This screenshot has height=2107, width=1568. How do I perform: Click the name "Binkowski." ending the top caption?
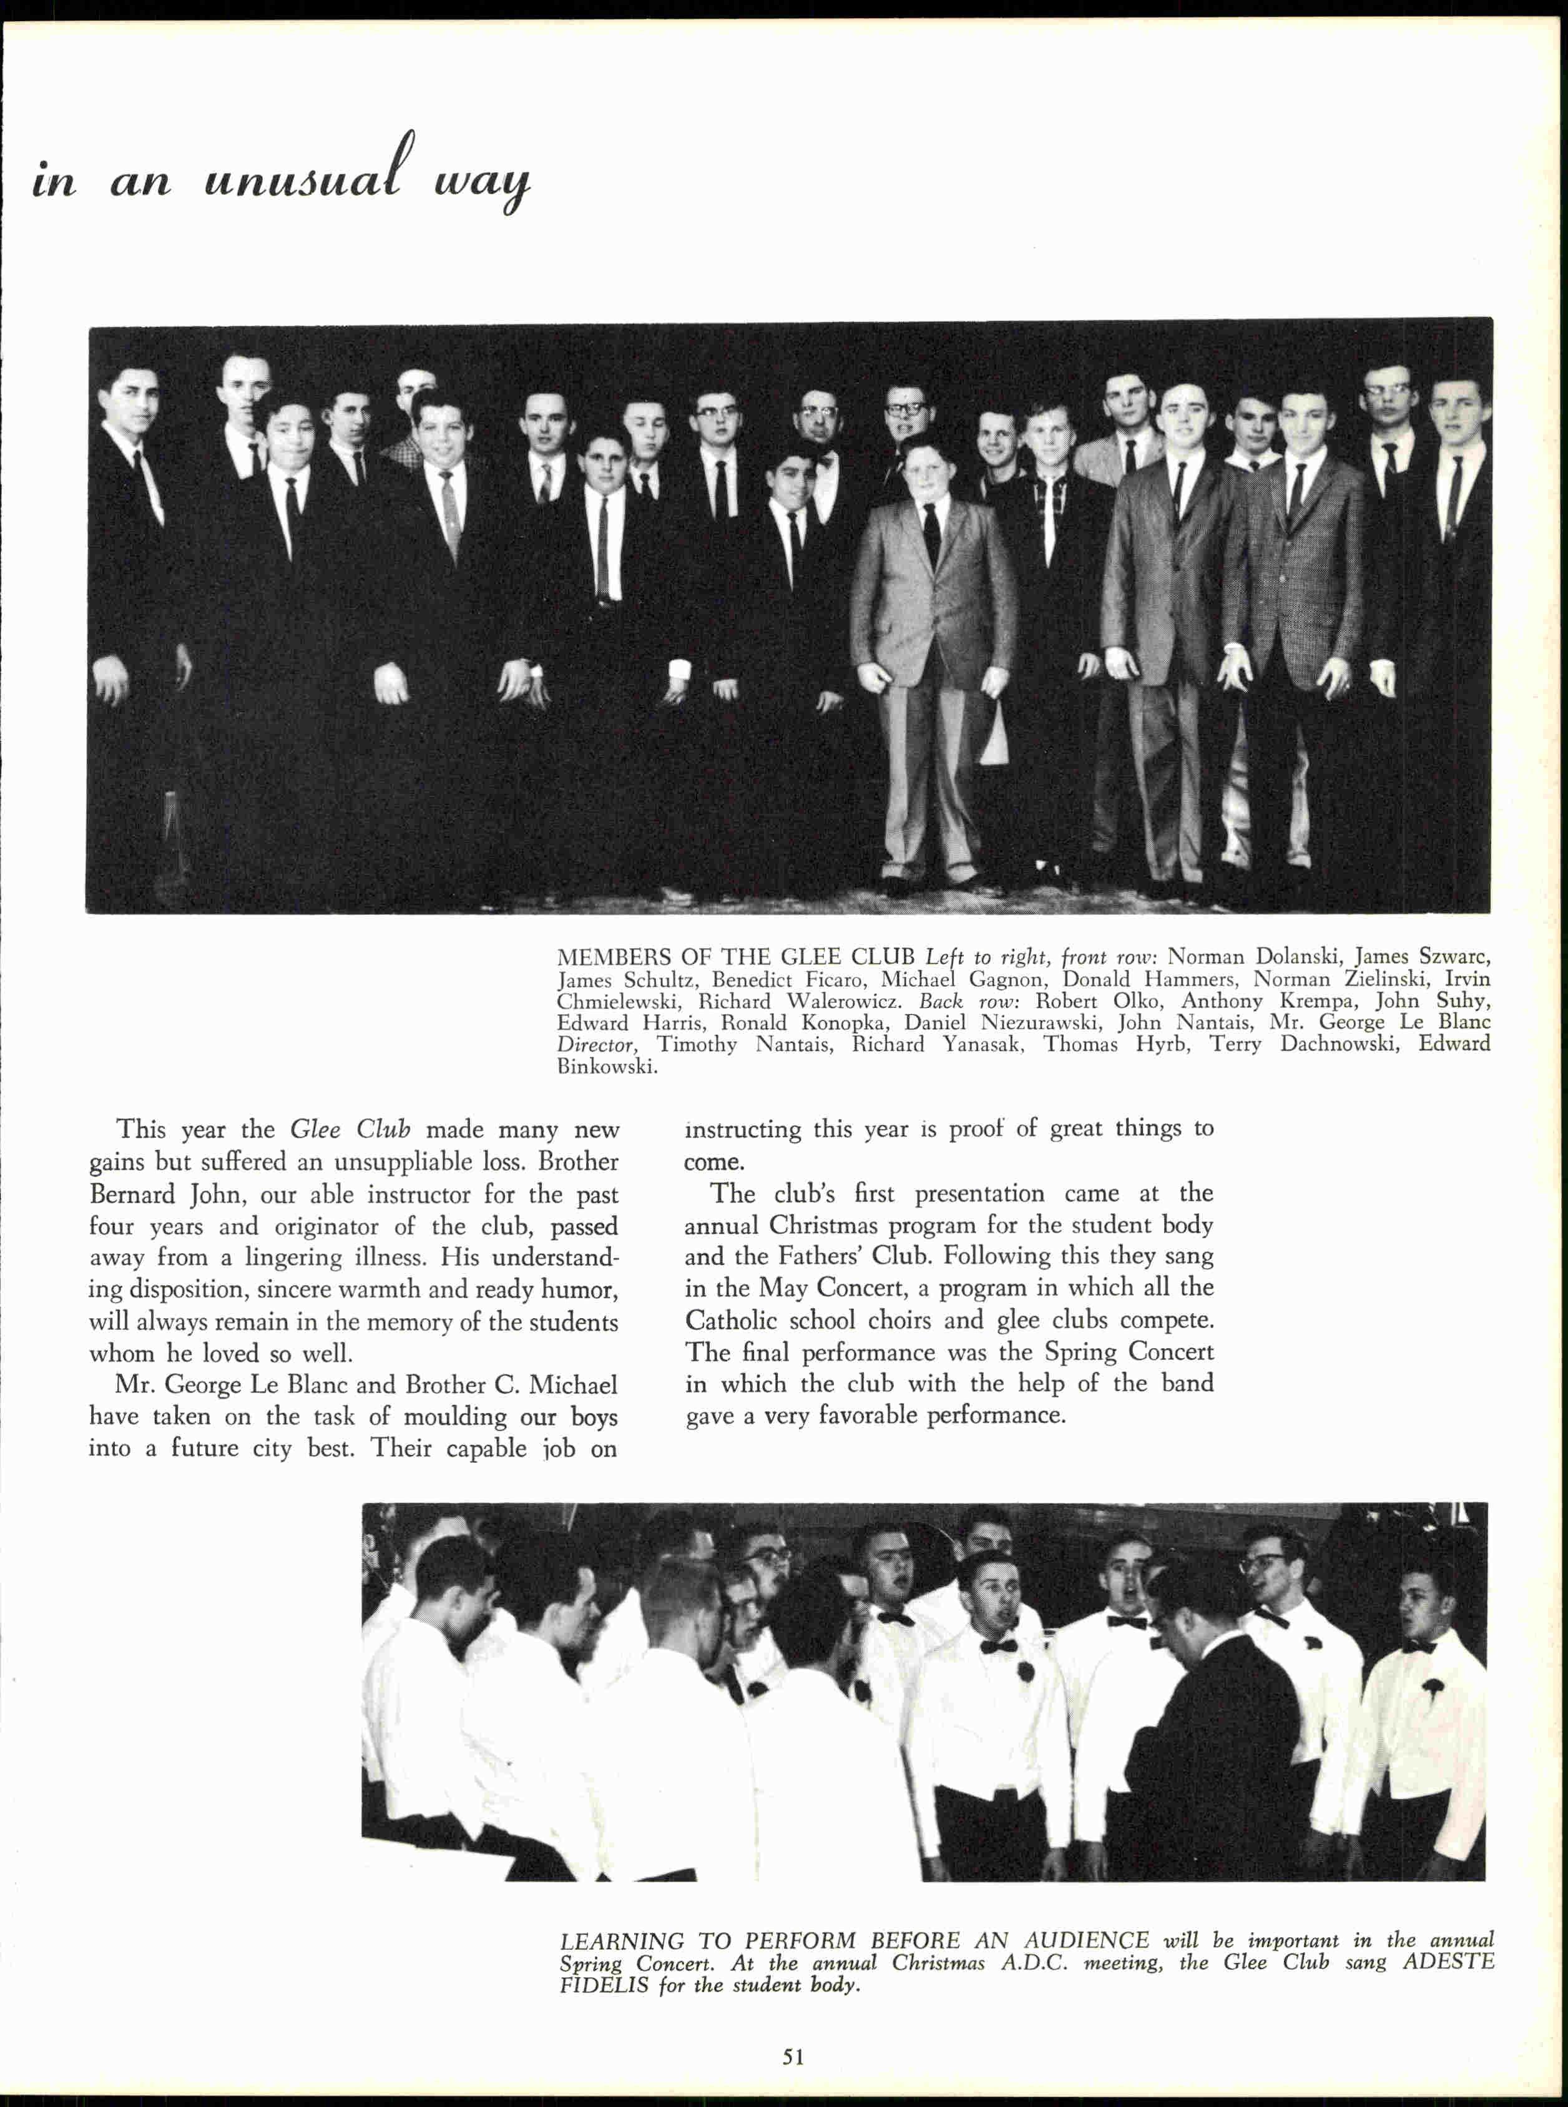coord(607,1067)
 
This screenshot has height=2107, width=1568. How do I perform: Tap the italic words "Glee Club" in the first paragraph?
coord(350,1130)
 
